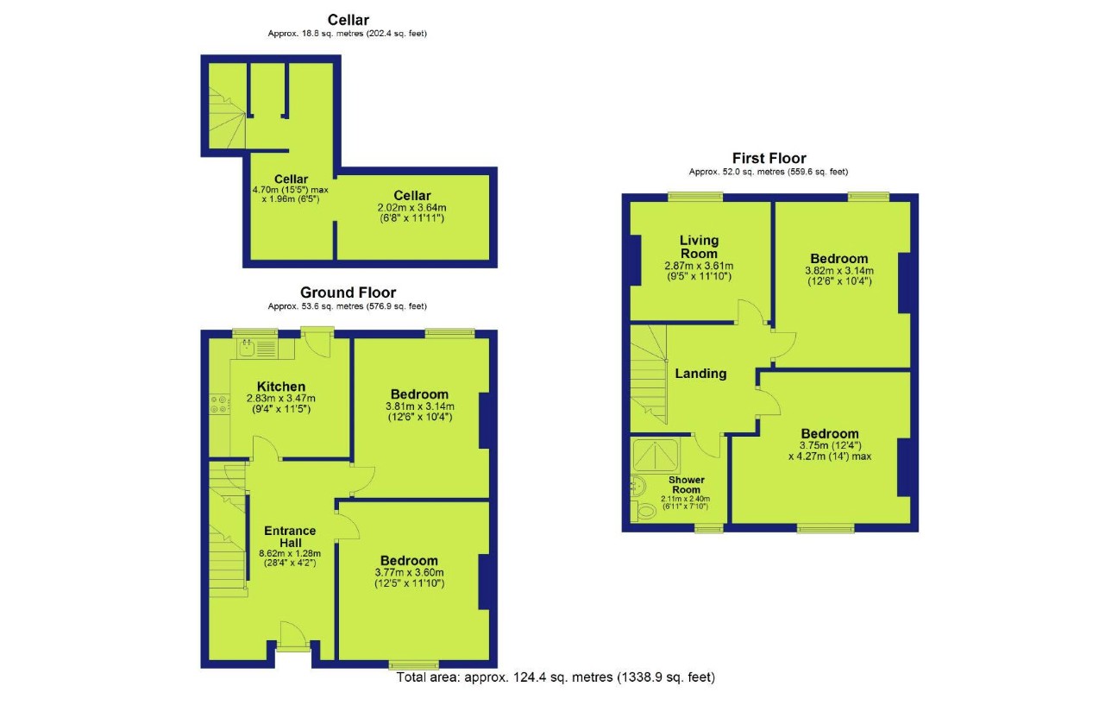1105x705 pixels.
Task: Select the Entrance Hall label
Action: point(290,536)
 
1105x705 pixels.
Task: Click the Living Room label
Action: point(699,247)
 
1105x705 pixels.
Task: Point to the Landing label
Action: point(700,374)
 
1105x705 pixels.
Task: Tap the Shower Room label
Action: point(687,485)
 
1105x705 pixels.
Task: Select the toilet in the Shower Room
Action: point(645,512)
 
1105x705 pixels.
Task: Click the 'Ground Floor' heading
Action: point(348,293)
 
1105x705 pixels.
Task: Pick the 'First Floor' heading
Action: point(769,158)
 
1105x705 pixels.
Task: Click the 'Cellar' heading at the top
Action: point(348,20)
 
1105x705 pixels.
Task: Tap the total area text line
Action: point(556,677)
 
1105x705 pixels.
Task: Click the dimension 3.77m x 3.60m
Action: point(409,572)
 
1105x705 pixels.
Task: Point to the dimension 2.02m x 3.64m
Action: point(412,207)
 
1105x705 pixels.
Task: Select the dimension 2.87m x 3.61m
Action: point(699,266)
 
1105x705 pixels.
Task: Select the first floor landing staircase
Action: point(649,376)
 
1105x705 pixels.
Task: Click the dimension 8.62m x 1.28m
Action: point(290,553)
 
